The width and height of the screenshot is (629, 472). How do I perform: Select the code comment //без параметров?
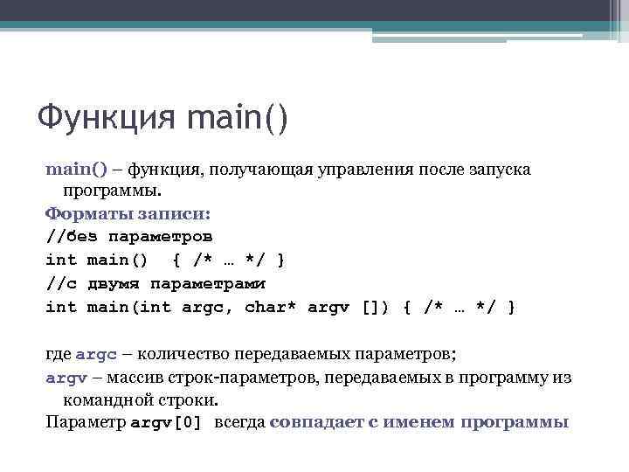point(129,236)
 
